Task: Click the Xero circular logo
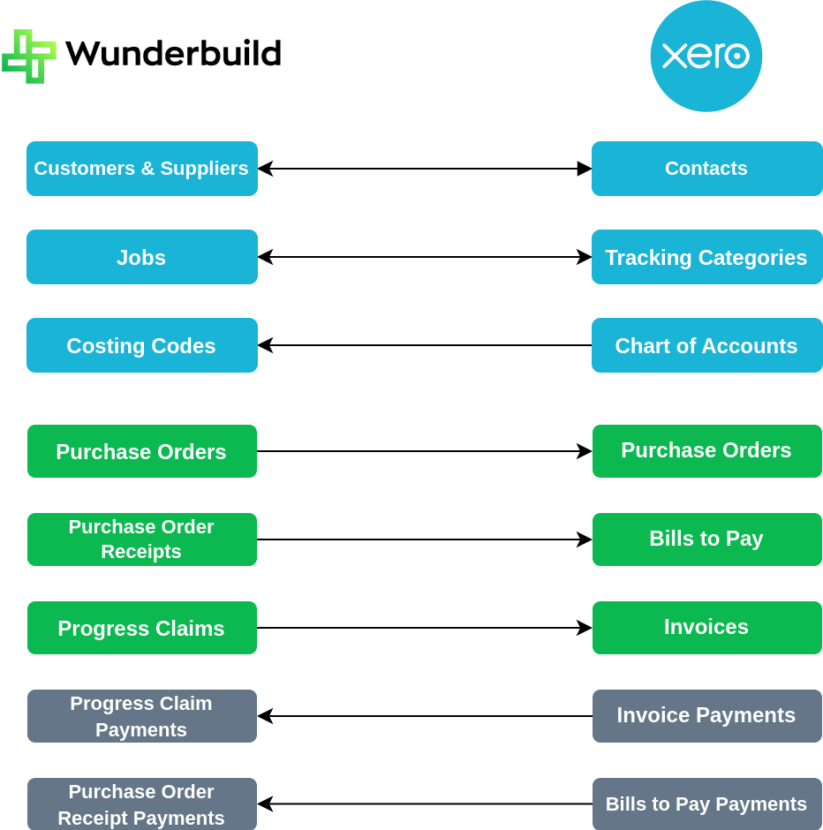pyautogui.click(x=706, y=57)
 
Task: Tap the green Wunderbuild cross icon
pyautogui.click(x=29, y=57)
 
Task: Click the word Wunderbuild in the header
pyautogui.click(x=173, y=54)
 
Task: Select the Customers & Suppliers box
pyautogui.click(x=142, y=169)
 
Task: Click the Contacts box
pyautogui.click(x=707, y=169)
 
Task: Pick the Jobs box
pyautogui.click(x=142, y=257)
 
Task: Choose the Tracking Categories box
pyautogui.click(x=707, y=257)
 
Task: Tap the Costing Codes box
pyautogui.click(x=142, y=345)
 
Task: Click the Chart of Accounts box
pyautogui.click(x=707, y=345)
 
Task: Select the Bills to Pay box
pyautogui.click(x=707, y=539)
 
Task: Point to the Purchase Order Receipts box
pyautogui.click(x=142, y=539)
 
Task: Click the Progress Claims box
pyautogui.click(x=142, y=628)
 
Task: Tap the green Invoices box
pyautogui.click(x=707, y=628)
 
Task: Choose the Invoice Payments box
pyautogui.click(x=707, y=716)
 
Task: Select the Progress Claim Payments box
pyautogui.click(x=142, y=716)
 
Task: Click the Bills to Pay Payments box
pyautogui.click(x=707, y=804)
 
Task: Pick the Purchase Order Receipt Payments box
pyautogui.click(x=142, y=804)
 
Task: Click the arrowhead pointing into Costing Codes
pyautogui.click(x=265, y=345)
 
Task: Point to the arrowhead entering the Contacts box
pyautogui.click(x=585, y=169)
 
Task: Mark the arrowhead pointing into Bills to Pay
pyautogui.click(x=585, y=539)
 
